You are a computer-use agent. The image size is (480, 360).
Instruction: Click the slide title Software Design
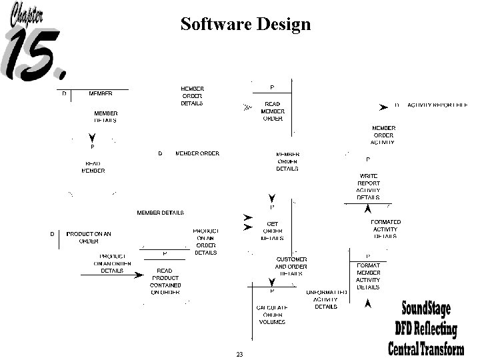(245, 25)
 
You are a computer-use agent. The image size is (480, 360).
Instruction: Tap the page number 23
(239, 353)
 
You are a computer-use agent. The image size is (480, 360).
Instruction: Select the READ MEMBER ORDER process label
(272, 111)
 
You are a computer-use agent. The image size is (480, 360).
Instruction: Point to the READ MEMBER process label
(93, 167)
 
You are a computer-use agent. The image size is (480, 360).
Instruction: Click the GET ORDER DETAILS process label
(272, 231)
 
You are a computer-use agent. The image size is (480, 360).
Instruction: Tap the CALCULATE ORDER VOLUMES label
(271, 315)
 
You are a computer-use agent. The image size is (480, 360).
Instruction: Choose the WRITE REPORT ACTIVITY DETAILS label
(369, 187)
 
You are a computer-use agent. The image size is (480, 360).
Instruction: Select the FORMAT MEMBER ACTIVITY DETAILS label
(368, 276)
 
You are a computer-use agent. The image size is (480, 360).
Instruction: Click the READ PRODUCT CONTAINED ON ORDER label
(165, 281)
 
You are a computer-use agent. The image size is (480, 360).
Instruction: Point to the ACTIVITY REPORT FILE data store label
(438, 105)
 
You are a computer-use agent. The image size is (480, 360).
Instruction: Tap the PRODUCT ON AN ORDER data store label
(89, 237)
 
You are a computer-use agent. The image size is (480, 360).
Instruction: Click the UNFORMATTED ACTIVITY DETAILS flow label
(327, 299)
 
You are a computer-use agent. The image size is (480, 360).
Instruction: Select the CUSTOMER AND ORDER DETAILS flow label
(291, 266)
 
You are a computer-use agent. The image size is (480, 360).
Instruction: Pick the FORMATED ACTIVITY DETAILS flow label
(385, 229)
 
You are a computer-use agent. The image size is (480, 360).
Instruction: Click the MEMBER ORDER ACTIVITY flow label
(383, 135)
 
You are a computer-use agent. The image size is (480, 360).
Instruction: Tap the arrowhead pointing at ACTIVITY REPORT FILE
(383, 107)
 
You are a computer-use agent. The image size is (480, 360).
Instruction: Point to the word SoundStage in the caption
(425, 309)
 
